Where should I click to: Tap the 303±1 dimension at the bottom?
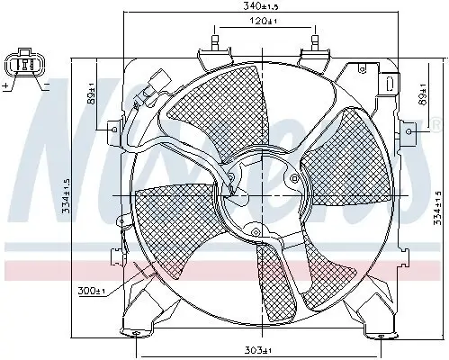262,348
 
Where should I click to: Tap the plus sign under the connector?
6,86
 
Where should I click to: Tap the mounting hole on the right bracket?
409,132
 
